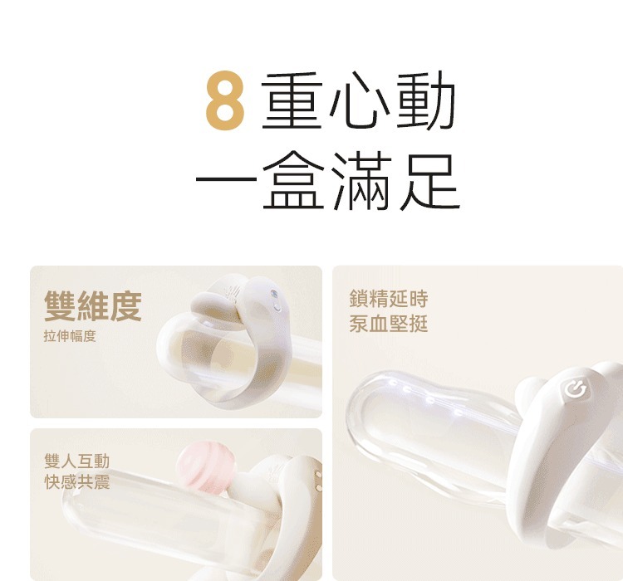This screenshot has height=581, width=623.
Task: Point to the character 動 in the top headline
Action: (x=425, y=104)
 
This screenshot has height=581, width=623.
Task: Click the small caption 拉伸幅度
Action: (x=70, y=336)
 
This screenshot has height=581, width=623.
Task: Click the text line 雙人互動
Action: (x=76, y=461)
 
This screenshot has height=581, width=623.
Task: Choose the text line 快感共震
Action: (x=76, y=482)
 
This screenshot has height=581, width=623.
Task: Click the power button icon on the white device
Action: (x=573, y=388)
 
